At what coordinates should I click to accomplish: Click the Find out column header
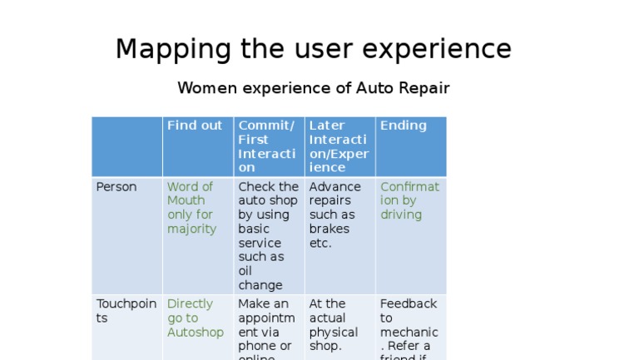click(195, 126)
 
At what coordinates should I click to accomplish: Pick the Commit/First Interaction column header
click(267, 146)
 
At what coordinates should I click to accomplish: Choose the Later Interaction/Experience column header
click(339, 146)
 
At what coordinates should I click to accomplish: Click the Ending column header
click(403, 126)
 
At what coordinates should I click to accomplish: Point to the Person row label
click(116, 187)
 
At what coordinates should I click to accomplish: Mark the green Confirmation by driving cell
click(409, 200)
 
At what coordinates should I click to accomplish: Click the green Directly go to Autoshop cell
click(196, 318)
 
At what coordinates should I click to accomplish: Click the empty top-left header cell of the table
click(126, 146)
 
